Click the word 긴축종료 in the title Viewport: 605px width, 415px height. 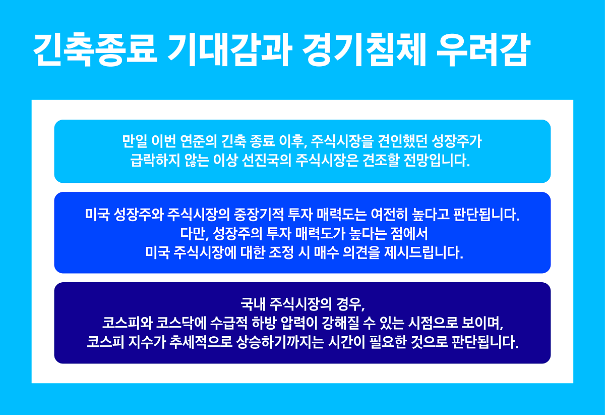coord(95,50)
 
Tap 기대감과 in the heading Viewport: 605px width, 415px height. coord(229,50)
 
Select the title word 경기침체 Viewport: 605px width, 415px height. coord(364,50)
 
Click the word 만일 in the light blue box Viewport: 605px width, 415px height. coord(135,141)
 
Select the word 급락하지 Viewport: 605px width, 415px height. coord(155,160)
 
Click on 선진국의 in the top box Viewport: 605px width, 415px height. coord(267,160)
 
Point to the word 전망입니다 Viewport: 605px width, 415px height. coord(437,160)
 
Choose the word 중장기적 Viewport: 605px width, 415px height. coord(259,215)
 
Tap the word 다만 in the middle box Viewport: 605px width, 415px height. coord(193,233)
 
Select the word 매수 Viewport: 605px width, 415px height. coord(326,252)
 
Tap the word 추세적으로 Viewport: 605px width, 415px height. coord(201,342)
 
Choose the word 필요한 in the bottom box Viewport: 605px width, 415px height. coord(388,342)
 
